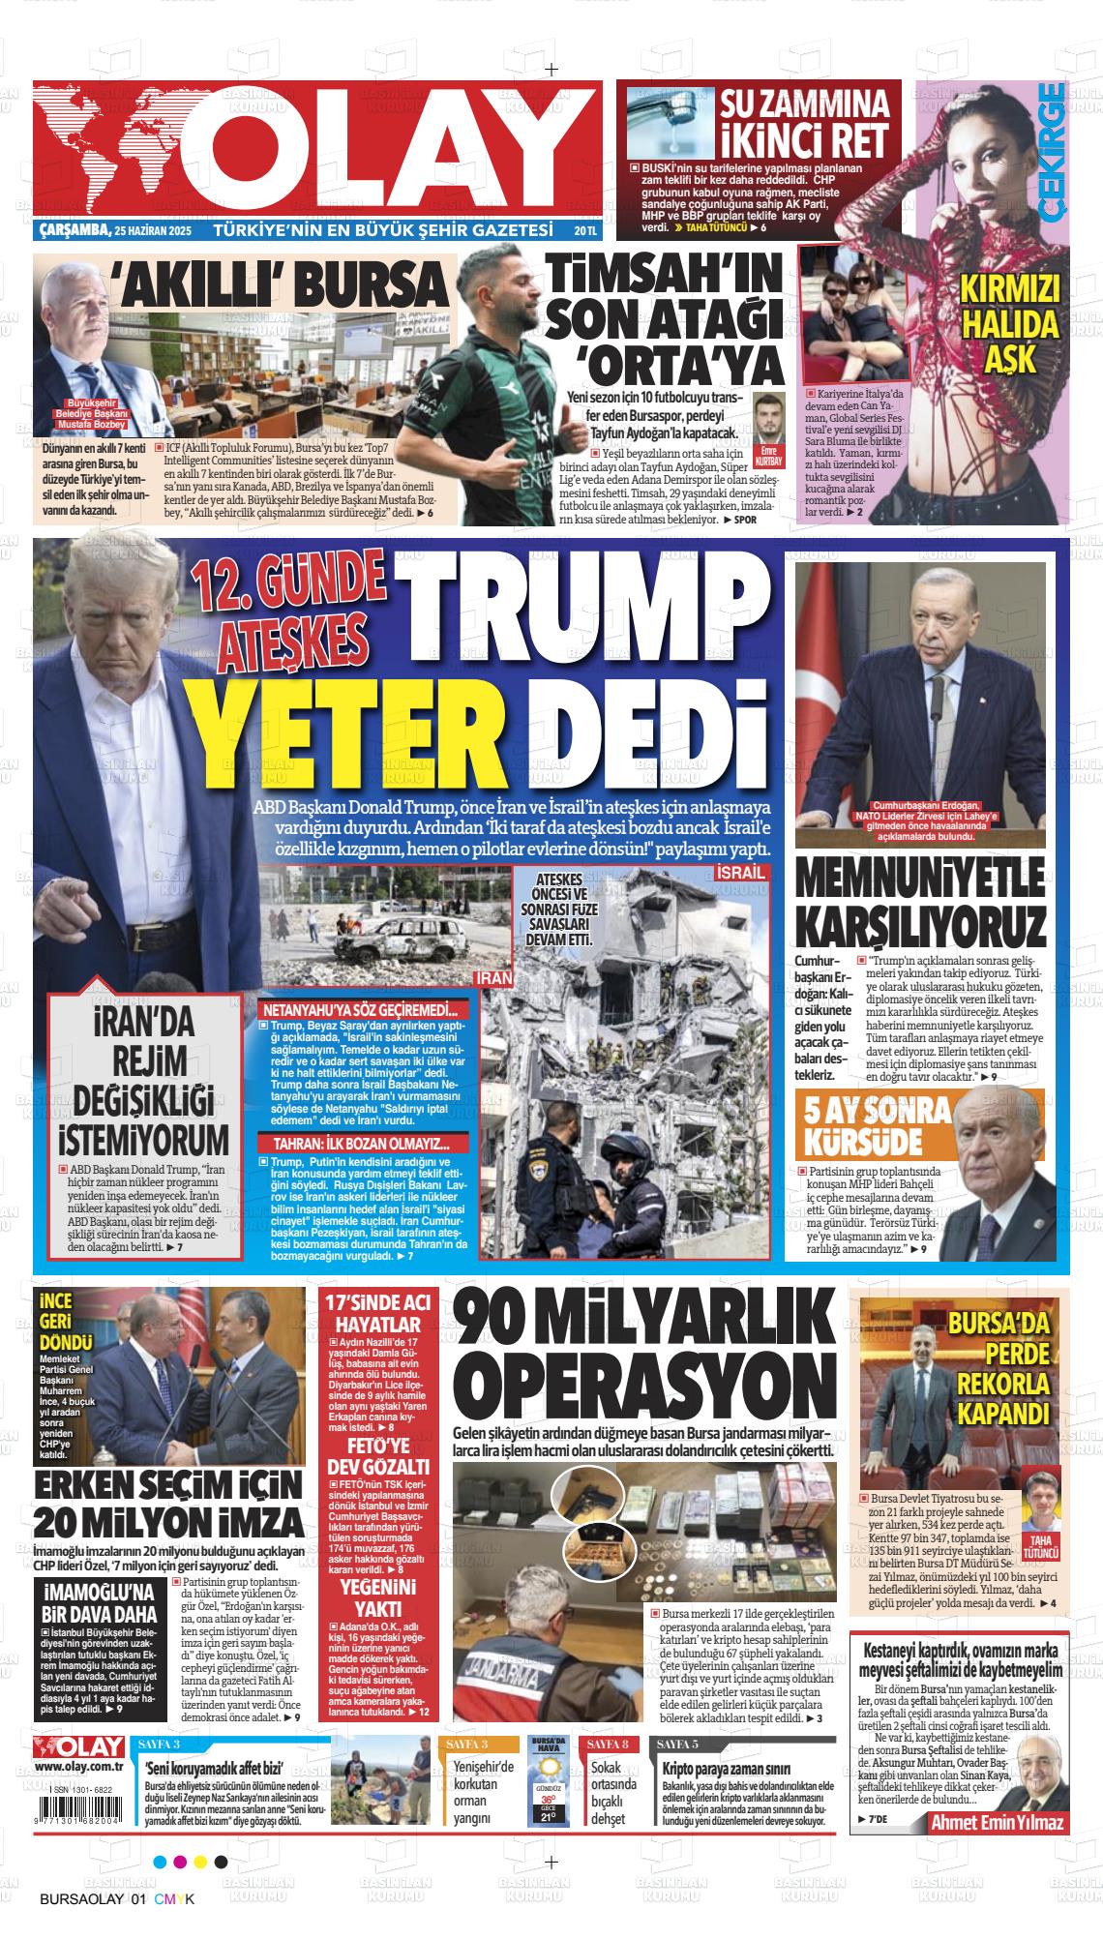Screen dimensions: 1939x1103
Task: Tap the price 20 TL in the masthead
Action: click(584, 231)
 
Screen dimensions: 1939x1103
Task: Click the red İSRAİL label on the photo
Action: click(743, 874)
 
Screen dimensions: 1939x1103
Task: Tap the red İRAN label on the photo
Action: click(495, 978)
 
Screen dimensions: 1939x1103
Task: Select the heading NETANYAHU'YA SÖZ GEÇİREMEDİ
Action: click(360, 1008)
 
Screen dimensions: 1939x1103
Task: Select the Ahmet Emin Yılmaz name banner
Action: click(997, 1822)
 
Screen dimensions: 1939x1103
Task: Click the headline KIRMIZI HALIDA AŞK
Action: click(1009, 323)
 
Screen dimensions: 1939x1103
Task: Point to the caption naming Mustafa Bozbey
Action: click(89, 413)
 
